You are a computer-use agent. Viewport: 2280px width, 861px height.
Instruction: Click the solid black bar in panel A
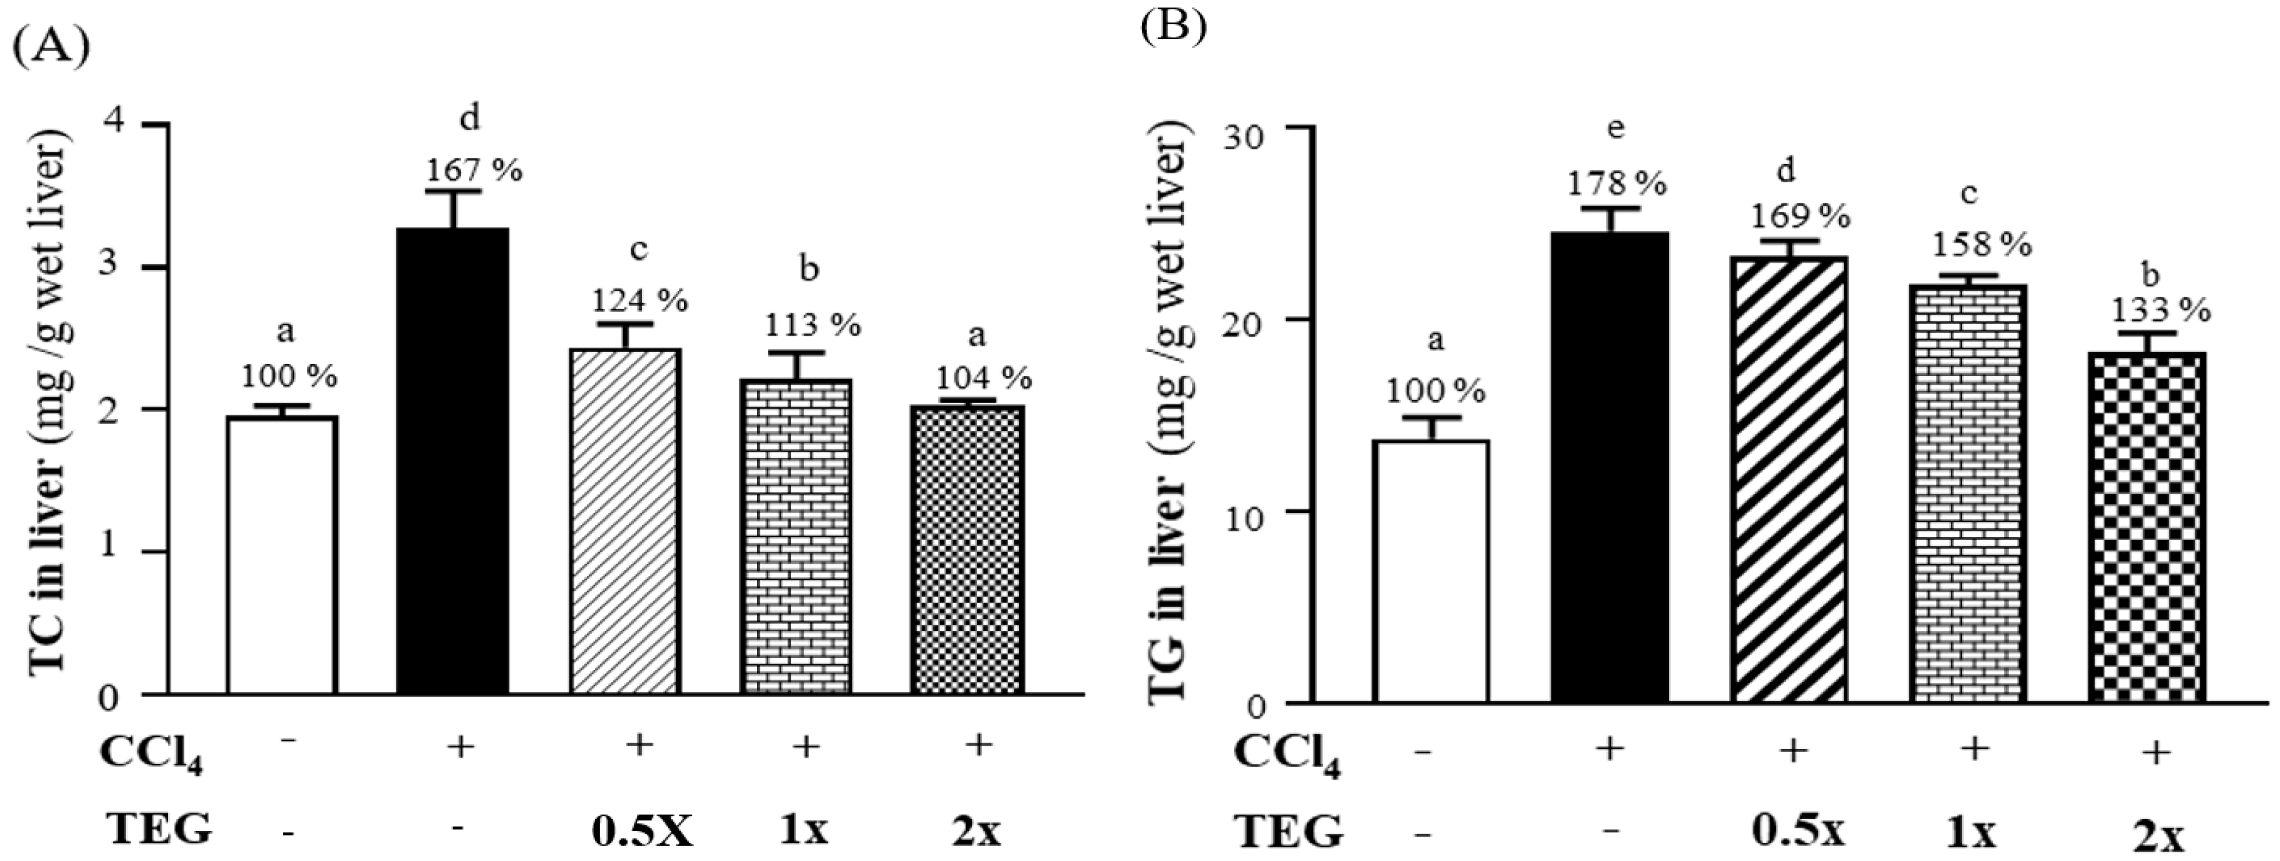[452, 460]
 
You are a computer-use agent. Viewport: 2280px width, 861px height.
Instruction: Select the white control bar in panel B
[1430, 571]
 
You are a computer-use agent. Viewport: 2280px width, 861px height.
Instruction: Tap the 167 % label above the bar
[475, 169]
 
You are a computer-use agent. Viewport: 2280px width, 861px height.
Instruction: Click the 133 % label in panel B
[2160, 310]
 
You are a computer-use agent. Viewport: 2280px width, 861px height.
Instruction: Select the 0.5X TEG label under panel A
[641, 830]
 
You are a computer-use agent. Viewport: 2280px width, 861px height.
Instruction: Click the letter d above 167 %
[470, 118]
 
